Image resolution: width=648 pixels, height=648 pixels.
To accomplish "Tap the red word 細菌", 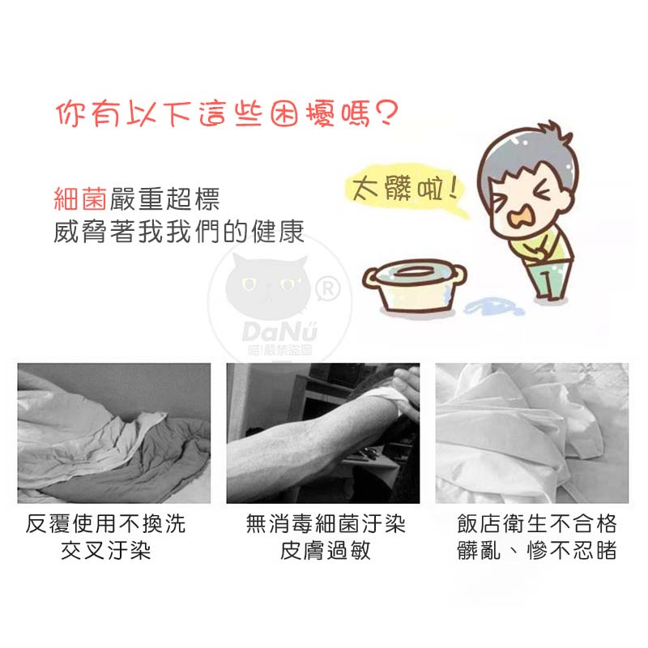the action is click(80, 198).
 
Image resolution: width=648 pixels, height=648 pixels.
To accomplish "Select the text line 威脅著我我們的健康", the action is click(179, 232).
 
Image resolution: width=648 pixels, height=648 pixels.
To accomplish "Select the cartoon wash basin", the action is click(415, 286).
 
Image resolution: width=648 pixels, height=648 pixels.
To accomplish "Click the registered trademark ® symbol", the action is click(328, 289).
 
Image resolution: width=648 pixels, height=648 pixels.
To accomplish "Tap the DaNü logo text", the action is click(279, 332).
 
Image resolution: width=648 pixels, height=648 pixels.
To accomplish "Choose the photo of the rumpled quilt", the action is click(114, 433).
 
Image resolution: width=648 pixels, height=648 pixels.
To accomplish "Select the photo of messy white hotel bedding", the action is click(532, 433).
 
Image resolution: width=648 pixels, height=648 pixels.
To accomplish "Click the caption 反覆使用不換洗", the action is click(105, 524).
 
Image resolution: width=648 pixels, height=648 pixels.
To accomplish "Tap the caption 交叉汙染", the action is click(106, 551).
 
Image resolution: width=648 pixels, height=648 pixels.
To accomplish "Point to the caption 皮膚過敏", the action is click(326, 551).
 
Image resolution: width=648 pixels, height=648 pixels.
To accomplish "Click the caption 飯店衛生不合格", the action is click(537, 524).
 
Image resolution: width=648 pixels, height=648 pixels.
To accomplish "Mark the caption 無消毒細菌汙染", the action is click(326, 524).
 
